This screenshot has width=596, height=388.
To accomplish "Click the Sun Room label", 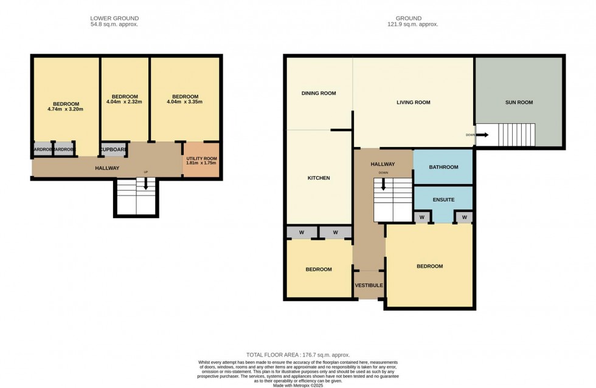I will pos(519,103).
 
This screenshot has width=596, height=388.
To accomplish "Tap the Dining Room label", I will pos(319,94).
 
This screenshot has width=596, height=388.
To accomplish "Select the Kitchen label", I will pos(318,178).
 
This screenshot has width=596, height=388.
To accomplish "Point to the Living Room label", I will pos(413,103).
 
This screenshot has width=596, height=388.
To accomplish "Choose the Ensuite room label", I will pos(443,199).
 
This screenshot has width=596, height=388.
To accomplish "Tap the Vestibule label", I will pos(369,285).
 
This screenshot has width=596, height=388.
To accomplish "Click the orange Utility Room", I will pos(201,160).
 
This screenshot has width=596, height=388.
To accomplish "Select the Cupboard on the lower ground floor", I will pos(113,149).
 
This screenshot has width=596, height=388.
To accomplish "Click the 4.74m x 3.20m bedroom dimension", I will pos(65,109).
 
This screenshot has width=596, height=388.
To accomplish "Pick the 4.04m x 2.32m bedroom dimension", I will pos(124,102).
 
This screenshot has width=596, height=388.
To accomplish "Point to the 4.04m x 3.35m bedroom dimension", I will pos(185,102).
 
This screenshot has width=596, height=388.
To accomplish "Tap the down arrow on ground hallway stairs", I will pos(383,185).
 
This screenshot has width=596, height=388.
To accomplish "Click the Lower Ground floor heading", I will pos(114,18).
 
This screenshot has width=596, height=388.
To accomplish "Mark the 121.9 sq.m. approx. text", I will pos(417,24).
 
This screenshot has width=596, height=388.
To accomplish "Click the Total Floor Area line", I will pos(297,355).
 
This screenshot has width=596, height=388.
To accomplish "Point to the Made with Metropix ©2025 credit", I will pos(298,385).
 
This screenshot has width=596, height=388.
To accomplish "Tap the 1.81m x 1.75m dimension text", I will pos(201,163).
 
